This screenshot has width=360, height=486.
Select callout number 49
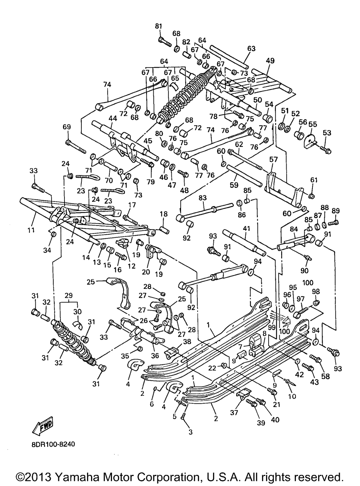tap(270, 61)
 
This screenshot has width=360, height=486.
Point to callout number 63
tap(251, 49)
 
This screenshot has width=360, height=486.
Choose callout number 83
tap(203, 198)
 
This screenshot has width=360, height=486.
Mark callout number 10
tap(292, 397)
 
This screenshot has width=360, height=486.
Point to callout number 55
tap(312, 124)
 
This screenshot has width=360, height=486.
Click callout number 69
tap(67, 127)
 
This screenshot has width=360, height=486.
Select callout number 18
tap(163, 214)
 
